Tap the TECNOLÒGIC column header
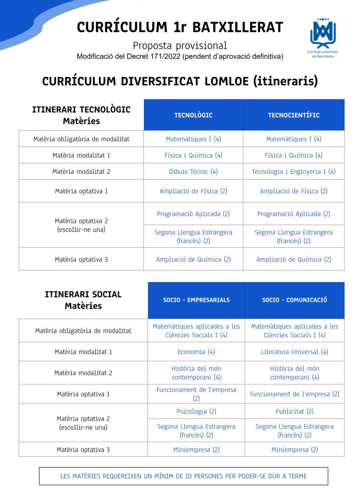[193, 115]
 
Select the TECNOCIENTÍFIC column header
[294, 115]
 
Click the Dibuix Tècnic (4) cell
[193, 172]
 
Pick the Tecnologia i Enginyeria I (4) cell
[294, 172]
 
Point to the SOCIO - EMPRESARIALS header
[196, 300]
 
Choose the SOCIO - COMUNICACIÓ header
[295, 300]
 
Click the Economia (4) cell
[196, 352]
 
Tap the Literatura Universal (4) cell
[295, 352]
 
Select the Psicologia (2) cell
[196, 411]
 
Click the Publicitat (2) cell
[295, 411]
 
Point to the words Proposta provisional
[180, 45]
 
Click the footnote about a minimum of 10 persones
[183, 476]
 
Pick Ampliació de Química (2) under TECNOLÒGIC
[193, 260]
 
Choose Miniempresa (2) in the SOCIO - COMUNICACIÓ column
[295, 450]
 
